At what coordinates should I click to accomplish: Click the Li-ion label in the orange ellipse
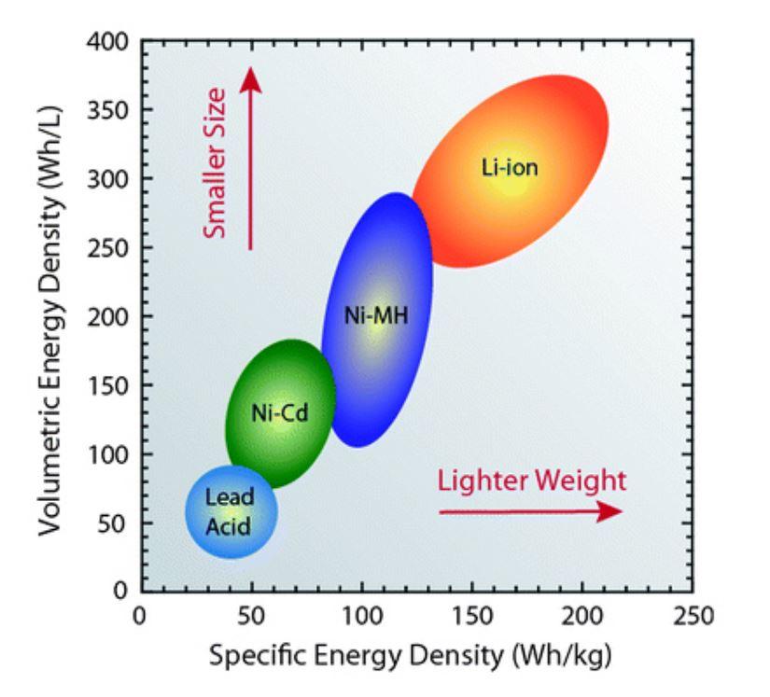click(510, 168)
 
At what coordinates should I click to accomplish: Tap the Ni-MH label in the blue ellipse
click(375, 315)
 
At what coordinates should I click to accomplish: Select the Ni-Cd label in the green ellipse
click(280, 411)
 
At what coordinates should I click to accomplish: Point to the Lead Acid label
click(230, 511)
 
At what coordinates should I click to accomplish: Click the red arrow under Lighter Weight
click(529, 511)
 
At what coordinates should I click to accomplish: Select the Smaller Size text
click(217, 175)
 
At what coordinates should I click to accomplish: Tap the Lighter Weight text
click(532, 481)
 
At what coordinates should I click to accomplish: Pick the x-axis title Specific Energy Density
click(411, 656)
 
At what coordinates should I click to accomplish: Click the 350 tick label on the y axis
click(110, 110)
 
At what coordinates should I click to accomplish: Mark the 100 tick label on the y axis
click(110, 454)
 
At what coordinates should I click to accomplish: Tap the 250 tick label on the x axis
click(693, 616)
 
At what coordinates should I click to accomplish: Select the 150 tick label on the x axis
click(472, 616)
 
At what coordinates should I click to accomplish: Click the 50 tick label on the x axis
click(250, 616)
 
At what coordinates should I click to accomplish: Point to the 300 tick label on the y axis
click(110, 179)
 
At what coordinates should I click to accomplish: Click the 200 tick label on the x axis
click(582, 616)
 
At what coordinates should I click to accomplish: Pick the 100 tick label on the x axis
click(361, 616)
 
